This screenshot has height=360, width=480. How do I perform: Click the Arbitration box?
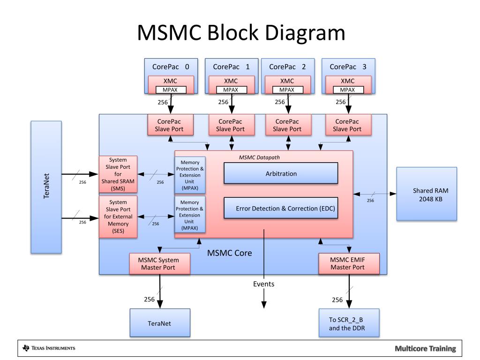click(281, 173)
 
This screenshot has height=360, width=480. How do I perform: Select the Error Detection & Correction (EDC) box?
click(281, 208)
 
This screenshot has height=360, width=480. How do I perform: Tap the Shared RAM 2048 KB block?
click(427, 194)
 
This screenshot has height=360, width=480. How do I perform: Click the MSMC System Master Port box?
click(159, 263)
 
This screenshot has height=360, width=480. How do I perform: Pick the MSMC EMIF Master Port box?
click(349, 263)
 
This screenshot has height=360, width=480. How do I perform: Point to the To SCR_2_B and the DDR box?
click(349, 323)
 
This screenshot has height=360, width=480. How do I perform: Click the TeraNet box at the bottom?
click(160, 323)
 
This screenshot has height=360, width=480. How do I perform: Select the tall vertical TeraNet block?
click(46, 187)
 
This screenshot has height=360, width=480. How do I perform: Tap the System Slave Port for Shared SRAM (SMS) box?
click(118, 174)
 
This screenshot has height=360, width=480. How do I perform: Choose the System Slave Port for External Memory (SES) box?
click(118, 217)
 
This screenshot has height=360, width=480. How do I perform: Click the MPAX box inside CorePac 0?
click(171, 90)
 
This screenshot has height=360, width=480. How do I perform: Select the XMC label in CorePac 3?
click(347, 81)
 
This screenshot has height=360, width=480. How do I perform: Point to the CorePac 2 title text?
click(287, 67)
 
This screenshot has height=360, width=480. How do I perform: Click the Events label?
click(263, 284)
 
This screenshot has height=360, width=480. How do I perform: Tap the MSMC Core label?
click(230, 253)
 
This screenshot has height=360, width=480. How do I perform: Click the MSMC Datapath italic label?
click(259, 157)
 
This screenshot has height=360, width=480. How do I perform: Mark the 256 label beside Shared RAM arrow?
click(370, 201)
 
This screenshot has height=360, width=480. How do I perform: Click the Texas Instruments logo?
click(49, 348)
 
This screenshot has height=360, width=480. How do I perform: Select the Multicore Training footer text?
click(425, 348)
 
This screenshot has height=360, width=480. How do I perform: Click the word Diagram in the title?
click(305, 33)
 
